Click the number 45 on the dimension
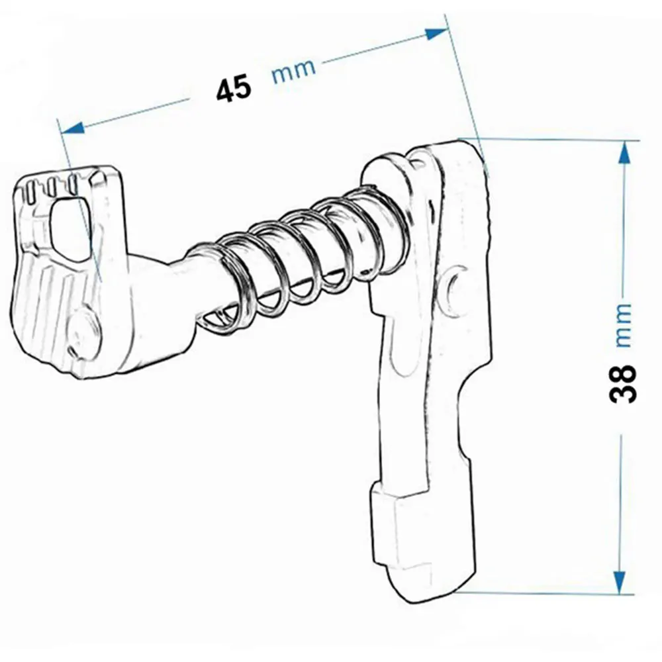point(234,88)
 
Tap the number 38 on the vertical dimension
point(623,383)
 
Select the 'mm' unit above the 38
point(623,325)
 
